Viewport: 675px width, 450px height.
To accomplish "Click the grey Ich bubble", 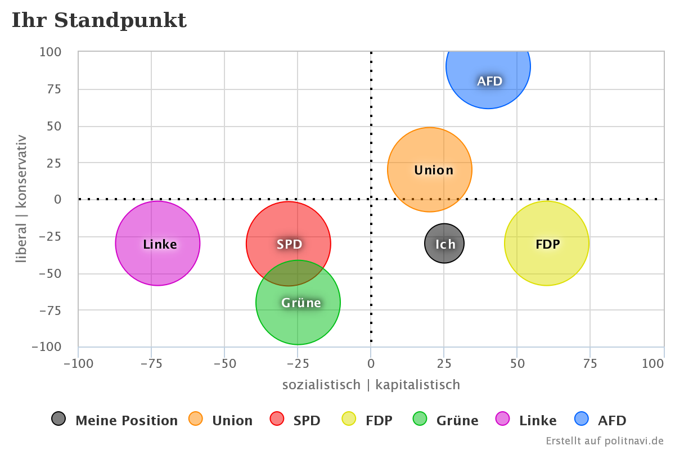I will coord(444,243).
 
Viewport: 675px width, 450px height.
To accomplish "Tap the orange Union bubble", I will coord(430,169).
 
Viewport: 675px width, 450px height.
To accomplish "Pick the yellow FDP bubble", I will coord(546,243).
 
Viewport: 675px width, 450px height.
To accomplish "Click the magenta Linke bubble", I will coord(158,243).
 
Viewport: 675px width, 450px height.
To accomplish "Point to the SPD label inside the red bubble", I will coord(289,244).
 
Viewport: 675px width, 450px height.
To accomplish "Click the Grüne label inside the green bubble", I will coord(301,303).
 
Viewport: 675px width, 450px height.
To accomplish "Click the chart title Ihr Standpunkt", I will coord(99,21).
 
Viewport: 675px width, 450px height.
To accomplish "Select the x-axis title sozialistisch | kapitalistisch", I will coord(371,385).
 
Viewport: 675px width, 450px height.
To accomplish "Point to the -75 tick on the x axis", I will coord(151,363).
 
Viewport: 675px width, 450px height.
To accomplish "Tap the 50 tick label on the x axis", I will coord(517,363).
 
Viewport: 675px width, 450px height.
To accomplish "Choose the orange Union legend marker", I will coord(196,419).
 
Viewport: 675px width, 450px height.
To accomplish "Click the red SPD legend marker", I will coord(277,419).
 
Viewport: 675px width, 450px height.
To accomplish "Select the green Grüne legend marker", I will coord(420,419).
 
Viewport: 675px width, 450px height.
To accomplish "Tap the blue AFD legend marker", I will coord(581,419).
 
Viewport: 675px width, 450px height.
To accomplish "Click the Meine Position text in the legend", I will coord(127,421).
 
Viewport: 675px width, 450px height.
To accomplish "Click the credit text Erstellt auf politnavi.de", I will coord(605,440).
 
